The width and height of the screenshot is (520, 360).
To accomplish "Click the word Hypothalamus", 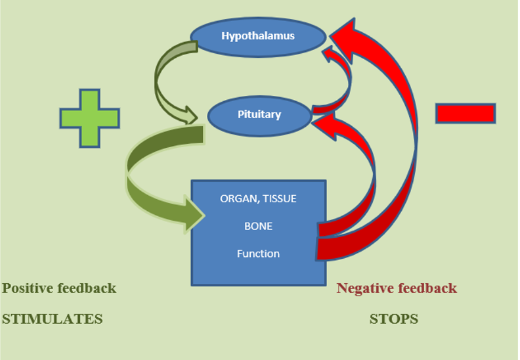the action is [x=258, y=36].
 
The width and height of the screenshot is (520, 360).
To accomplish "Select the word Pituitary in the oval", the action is [x=259, y=114].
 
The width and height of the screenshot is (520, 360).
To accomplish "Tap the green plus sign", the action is [x=89, y=118].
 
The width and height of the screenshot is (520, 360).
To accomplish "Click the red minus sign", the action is [x=466, y=114].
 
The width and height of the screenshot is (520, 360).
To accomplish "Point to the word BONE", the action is [x=258, y=226].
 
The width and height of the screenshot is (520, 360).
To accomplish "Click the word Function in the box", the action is [x=258, y=254].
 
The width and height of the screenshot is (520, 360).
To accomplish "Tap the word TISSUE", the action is [x=279, y=199].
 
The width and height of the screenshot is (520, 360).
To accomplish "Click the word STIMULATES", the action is [x=53, y=319].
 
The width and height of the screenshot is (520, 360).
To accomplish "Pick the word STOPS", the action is [x=394, y=319].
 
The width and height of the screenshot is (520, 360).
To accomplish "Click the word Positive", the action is [x=26, y=288].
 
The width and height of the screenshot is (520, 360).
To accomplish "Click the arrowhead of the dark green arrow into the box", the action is [x=194, y=215].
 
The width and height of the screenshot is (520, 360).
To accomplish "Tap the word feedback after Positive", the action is [x=87, y=288].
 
